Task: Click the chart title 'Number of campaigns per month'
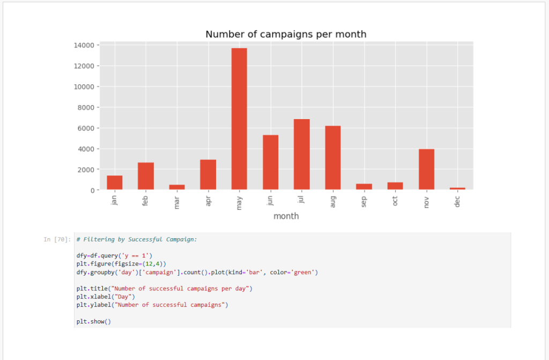[286, 34]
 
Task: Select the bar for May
[239, 119]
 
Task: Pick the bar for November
[426, 170]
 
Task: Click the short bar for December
[457, 188]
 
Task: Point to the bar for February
[146, 176]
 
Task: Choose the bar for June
[270, 163]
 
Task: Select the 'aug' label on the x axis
[333, 201]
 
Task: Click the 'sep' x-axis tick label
[364, 200]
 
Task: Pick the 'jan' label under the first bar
[115, 200]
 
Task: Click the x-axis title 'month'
[286, 216]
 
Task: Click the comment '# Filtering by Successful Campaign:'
[137, 239]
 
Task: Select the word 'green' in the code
[304, 273]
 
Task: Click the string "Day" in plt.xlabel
[121, 297]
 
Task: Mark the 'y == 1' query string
[138, 256]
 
